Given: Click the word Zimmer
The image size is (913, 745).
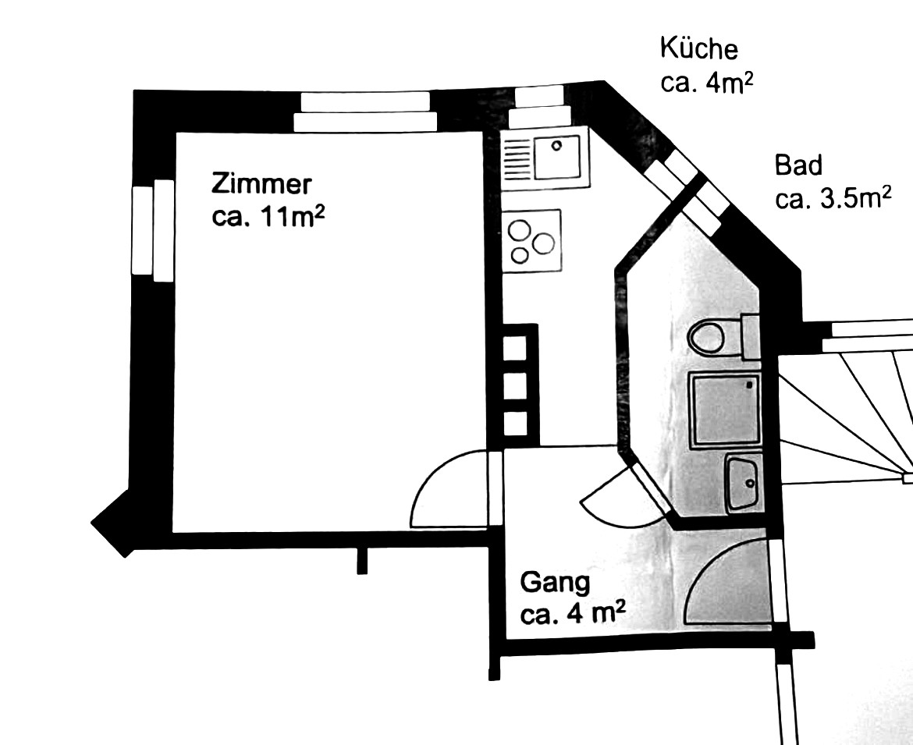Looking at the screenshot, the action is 261,184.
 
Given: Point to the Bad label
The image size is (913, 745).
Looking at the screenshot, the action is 798,165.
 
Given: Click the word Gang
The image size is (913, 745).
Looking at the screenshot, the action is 555,584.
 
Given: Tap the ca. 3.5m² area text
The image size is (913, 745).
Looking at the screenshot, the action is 833,199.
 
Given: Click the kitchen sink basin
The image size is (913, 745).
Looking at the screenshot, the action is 558,157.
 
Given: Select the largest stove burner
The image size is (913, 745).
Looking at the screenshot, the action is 543,243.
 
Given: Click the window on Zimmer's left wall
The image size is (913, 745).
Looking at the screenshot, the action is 153,230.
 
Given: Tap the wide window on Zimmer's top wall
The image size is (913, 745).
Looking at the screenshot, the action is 365,112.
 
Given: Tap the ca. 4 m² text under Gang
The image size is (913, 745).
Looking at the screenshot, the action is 573,614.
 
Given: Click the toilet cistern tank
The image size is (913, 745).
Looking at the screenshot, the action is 751,336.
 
